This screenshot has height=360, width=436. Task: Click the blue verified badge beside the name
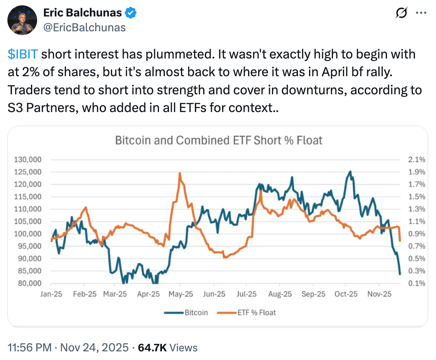point(131,13)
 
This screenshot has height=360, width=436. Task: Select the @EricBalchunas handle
point(84,28)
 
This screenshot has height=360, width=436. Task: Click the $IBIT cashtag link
point(23,54)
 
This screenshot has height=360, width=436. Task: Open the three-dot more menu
point(420,13)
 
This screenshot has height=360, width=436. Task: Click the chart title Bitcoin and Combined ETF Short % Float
point(218,140)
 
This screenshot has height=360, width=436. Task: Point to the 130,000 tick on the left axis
point(30,160)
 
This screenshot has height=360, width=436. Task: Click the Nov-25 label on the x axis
point(379,294)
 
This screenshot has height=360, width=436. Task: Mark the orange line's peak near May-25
point(180,173)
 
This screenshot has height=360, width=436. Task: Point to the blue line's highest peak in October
point(350,171)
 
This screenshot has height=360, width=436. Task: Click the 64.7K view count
point(152,348)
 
